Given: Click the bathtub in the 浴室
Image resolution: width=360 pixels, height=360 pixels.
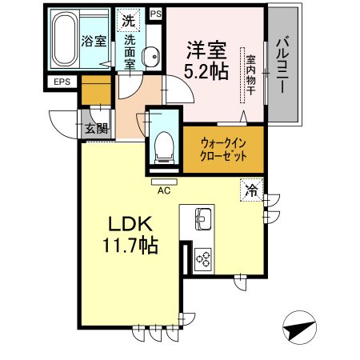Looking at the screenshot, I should [x=65, y=41].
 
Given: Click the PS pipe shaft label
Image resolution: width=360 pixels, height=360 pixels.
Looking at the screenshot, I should [x=154, y=14].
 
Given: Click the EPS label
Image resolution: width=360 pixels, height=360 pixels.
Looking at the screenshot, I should [x=62, y=82].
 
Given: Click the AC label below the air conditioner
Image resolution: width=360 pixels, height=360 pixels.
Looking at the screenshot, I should [x=164, y=190].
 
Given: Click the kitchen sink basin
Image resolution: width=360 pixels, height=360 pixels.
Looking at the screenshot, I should [x=201, y=218].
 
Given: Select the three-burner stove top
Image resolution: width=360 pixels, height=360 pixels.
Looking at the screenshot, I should [x=202, y=258].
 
